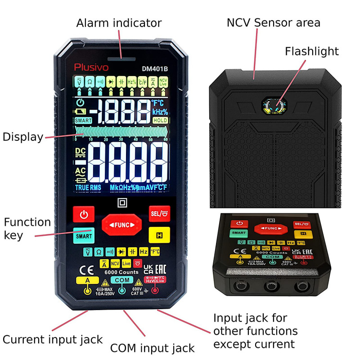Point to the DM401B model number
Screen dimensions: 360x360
[155, 69]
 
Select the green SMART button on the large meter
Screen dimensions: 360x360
[84, 235]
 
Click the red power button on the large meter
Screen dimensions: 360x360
[84, 215]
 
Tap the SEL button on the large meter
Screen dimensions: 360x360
[159, 212]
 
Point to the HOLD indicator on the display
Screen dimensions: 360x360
[160, 120]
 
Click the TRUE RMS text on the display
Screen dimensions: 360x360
[88, 187]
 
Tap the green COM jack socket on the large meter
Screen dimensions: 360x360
[121, 290]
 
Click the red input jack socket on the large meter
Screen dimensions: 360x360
[156, 290]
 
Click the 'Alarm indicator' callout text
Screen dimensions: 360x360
[119, 23]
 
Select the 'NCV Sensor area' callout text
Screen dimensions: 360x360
[274, 23]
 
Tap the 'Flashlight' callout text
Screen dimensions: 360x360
[311, 51]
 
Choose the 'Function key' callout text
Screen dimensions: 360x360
[27, 228]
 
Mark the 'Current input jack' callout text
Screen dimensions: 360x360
[53, 339]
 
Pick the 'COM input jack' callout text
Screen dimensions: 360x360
[153, 348]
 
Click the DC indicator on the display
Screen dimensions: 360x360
[81, 151]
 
